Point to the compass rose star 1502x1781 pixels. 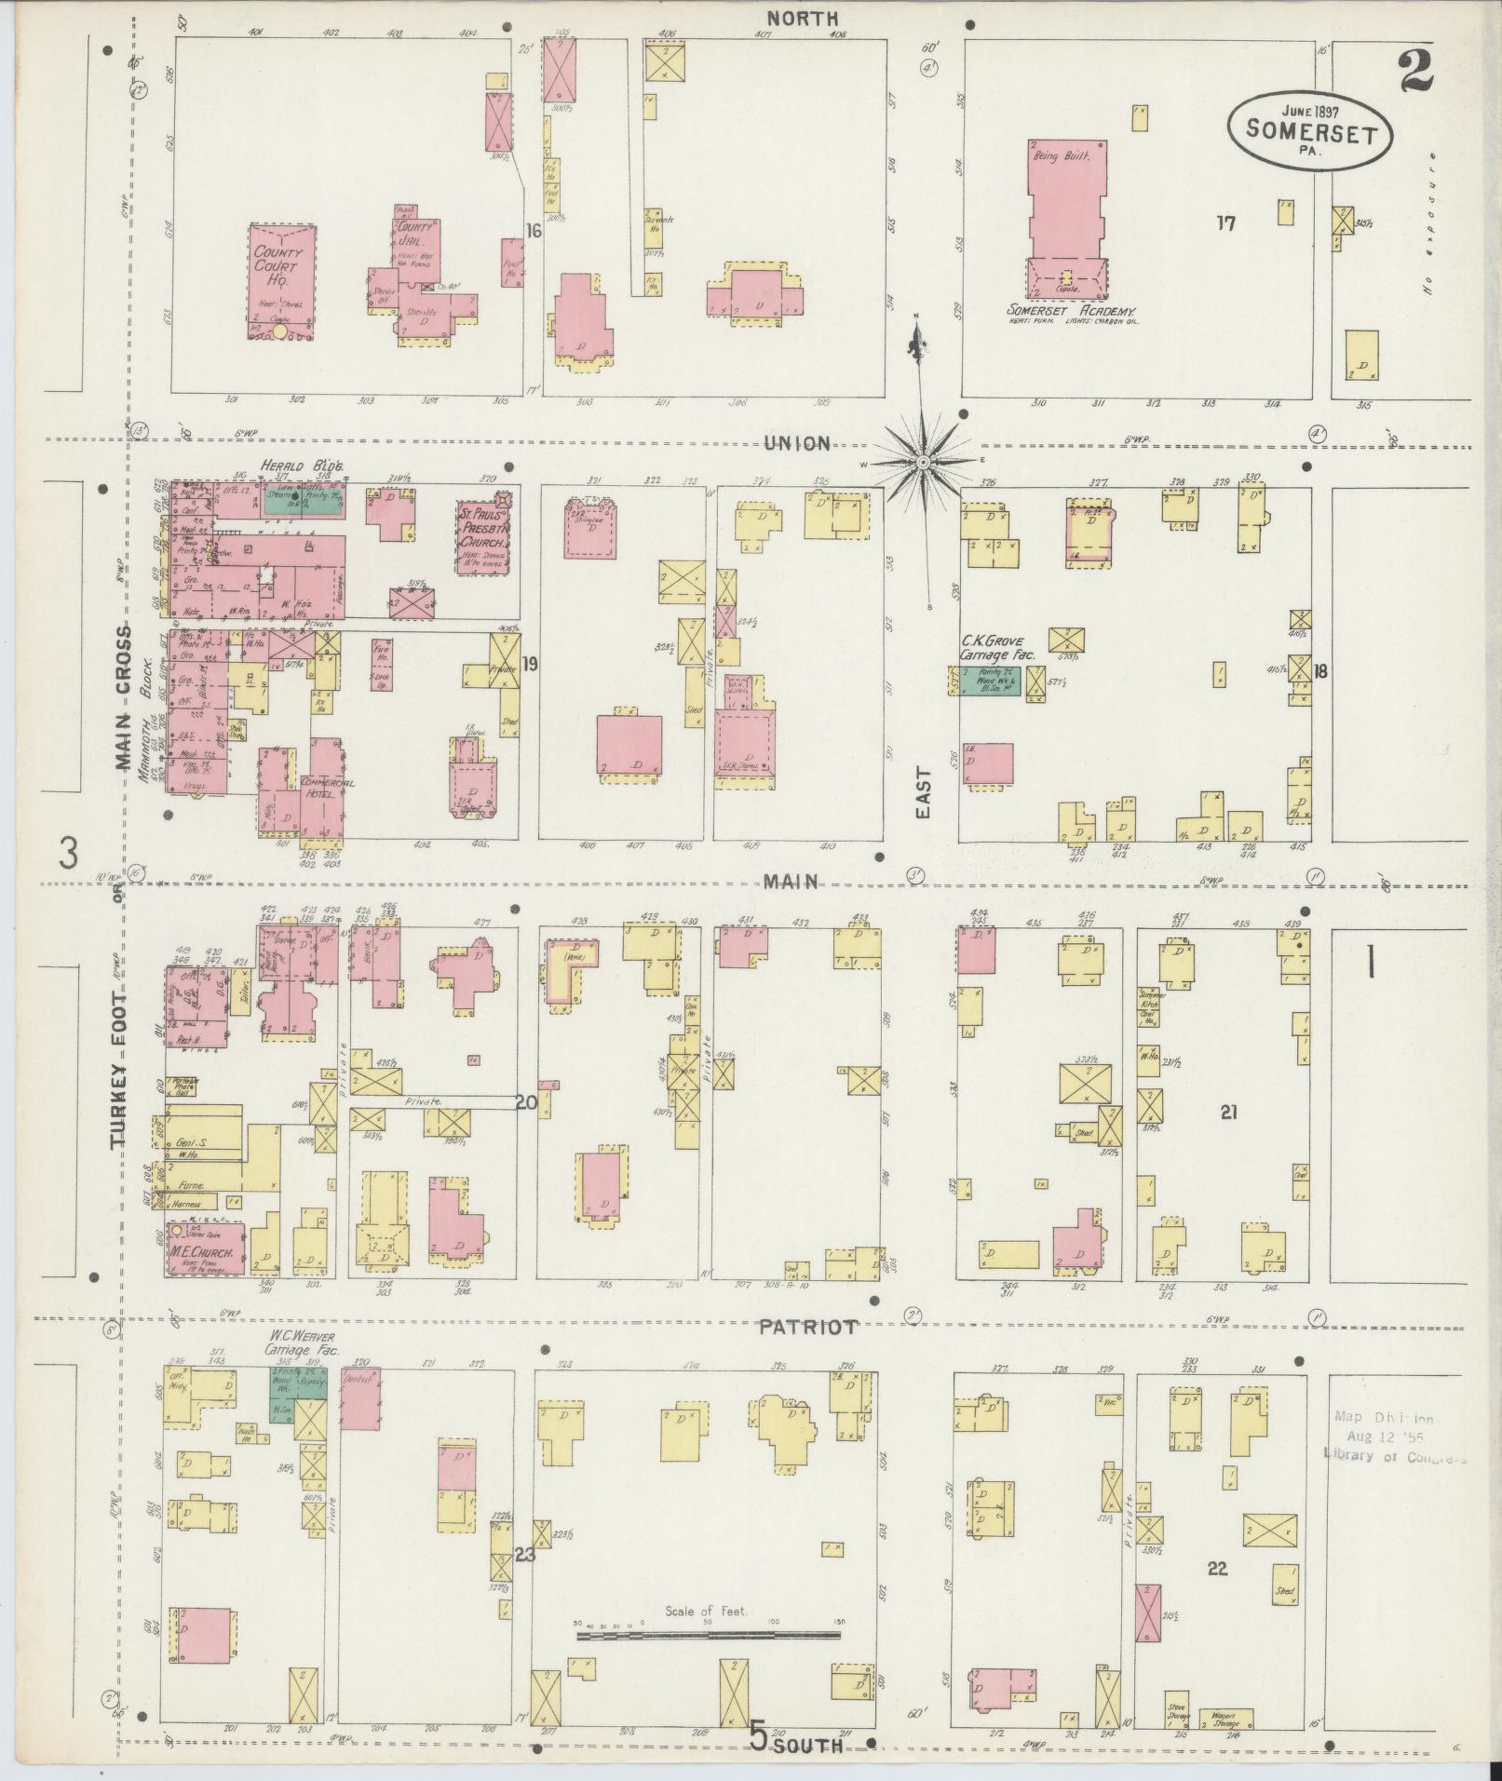tap(923, 461)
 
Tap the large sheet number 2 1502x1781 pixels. tap(1414, 72)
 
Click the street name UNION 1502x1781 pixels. tap(796, 443)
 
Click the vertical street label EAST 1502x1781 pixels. tap(922, 792)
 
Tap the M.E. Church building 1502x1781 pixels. tap(206, 1247)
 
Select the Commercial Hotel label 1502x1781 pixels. tap(326, 789)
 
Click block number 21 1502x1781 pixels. tap(1228, 1110)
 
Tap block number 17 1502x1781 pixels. tap(1225, 223)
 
